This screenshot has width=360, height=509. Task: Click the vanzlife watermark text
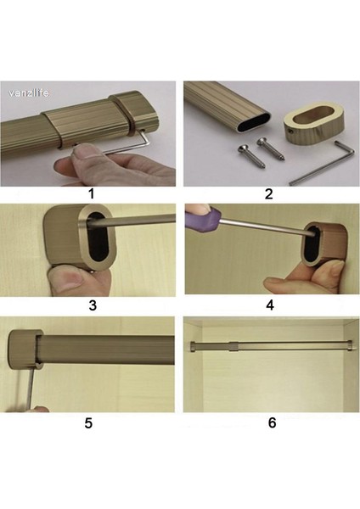click(29, 93)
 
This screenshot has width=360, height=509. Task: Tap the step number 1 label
click(92, 193)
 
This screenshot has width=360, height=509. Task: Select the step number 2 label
click(268, 194)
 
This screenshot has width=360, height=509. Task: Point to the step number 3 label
click(93, 305)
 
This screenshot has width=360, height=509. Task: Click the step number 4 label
click(270, 305)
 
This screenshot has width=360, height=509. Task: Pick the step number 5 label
click(88, 423)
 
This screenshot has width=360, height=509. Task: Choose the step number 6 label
click(273, 422)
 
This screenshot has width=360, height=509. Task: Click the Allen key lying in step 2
click(322, 166)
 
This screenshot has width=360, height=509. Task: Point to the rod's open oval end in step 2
click(254, 122)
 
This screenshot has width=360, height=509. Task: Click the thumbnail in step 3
click(67, 281)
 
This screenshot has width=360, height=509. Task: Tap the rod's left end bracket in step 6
click(193, 346)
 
